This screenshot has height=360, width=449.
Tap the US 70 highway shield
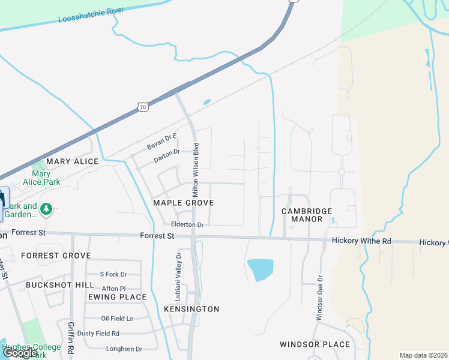(x=142, y=107)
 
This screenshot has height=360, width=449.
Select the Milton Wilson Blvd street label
(x=195, y=170)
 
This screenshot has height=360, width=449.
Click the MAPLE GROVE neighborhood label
(x=183, y=203)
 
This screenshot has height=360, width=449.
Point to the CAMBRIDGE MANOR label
(x=307, y=215)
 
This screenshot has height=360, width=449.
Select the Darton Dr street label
(x=167, y=156)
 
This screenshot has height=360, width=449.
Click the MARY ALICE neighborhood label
(x=72, y=161)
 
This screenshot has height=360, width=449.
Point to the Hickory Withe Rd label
(x=361, y=241)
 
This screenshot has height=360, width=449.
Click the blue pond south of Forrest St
(x=260, y=269)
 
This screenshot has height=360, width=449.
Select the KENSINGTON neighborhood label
(x=191, y=308)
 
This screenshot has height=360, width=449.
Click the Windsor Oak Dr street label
(x=319, y=298)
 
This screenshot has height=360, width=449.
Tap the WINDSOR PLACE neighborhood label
(x=315, y=344)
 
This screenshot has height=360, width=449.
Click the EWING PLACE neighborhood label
(x=117, y=297)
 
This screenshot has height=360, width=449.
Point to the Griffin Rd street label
(x=71, y=337)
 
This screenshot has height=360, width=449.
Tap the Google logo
(x=20, y=353)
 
